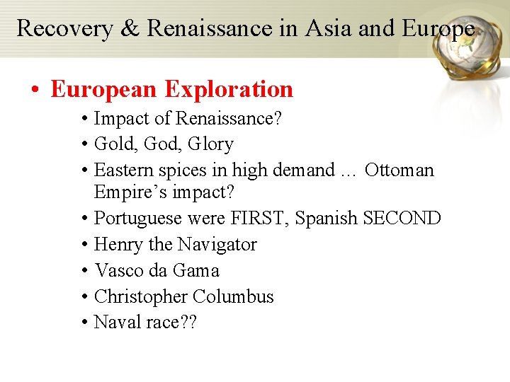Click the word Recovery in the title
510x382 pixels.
pos(74,28)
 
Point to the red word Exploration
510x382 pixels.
pos(229,89)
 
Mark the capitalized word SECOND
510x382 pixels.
pos(402,218)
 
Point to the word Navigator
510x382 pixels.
pos(217,245)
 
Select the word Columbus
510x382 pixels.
pos(233,296)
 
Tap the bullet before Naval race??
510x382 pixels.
pos(84,323)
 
